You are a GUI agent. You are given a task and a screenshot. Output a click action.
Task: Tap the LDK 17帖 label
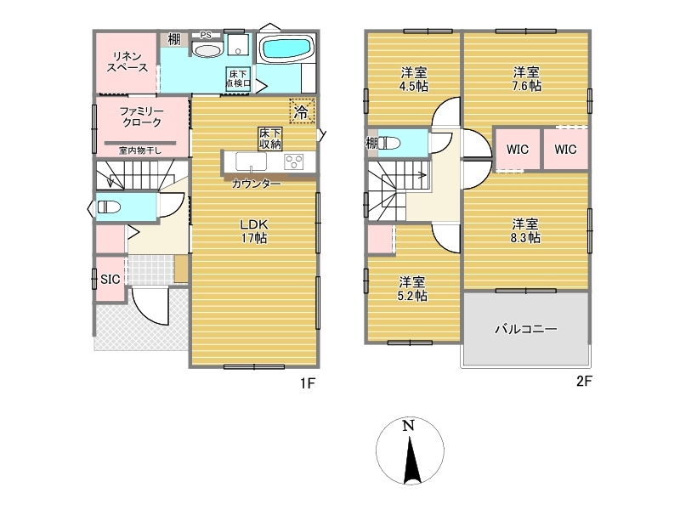pyautogui.click(x=254, y=231)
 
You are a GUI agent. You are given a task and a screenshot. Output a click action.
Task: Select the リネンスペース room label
pyautogui.click(x=127, y=62)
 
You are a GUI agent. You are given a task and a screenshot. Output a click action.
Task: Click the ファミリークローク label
pyautogui.click(x=142, y=117)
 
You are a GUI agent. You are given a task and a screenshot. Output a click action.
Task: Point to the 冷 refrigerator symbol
pyautogui.click(x=302, y=112)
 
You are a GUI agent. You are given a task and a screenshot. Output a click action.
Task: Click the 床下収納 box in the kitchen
pyautogui.click(x=270, y=139)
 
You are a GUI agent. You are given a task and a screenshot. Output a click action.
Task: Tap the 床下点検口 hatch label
pyautogui.click(x=238, y=79)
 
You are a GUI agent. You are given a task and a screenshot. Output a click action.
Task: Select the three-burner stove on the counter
pyautogui.click(x=294, y=161)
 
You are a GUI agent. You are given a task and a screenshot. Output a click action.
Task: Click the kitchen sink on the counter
pyautogui.click(x=251, y=161)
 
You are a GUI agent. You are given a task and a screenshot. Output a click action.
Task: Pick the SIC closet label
pyautogui.click(x=110, y=280)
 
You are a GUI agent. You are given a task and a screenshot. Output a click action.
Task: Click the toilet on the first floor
pyautogui.click(x=109, y=207)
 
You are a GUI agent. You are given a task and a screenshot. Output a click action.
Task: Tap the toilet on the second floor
pyautogui.click(x=390, y=143)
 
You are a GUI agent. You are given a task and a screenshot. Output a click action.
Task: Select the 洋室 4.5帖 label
pyautogui.click(x=414, y=79)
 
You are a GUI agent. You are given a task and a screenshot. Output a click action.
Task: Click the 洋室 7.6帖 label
pyautogui.click(x=526, y=79)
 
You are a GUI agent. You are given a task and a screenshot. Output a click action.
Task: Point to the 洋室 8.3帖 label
pyautogui.click(x=525, y=231)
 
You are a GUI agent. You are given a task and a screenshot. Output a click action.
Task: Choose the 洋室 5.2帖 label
pyautogui.click(x=412, y=289)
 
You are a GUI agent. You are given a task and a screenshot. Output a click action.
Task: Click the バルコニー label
pyautogui.click(x=526, y=329)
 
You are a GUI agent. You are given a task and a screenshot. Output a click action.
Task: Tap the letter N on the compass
pyautogui.click(x=409, y=426)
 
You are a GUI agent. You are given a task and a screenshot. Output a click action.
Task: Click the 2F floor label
pyautogui.click(x=584, y=381)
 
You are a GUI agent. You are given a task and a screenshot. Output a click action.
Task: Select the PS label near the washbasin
pyautogui.click(x=206, y=35)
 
